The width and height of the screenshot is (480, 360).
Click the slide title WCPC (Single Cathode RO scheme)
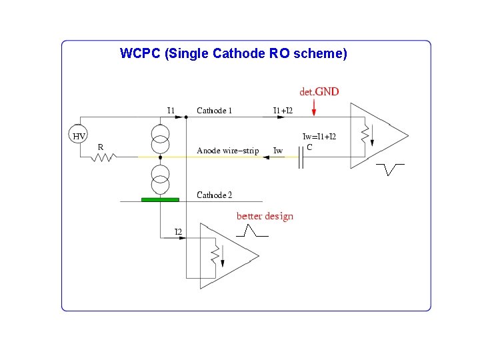[x=233, y=53]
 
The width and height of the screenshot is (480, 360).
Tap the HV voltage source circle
[x=79, y=135]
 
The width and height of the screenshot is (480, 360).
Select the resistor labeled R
[x=104, y=157]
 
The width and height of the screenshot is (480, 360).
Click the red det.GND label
[x=319, y=91]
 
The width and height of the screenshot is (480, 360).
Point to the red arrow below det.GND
[x=314, y=106]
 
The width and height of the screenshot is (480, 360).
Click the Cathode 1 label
[x=214, y=111]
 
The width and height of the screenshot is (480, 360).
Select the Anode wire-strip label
[x=227, y=151]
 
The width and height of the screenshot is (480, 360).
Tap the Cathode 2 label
[x=214, y=195]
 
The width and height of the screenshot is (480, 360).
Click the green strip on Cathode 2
[x=160, y=199]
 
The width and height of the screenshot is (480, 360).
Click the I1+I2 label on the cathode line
[x=283, y=111]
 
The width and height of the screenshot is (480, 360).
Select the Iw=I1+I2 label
[x=319, y=137]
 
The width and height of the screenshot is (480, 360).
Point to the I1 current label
[x=171, y=110]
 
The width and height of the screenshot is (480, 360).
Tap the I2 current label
[x=179, y=231]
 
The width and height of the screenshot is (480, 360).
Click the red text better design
[x=265, y=216]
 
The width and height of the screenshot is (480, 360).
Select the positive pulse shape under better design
[x=252, y=231]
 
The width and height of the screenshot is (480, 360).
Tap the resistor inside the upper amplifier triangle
[x=365, y=136]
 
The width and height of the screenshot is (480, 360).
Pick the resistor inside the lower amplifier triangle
[x=215, y=257]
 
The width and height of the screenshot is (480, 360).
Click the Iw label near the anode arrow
[x=278, y=151]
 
